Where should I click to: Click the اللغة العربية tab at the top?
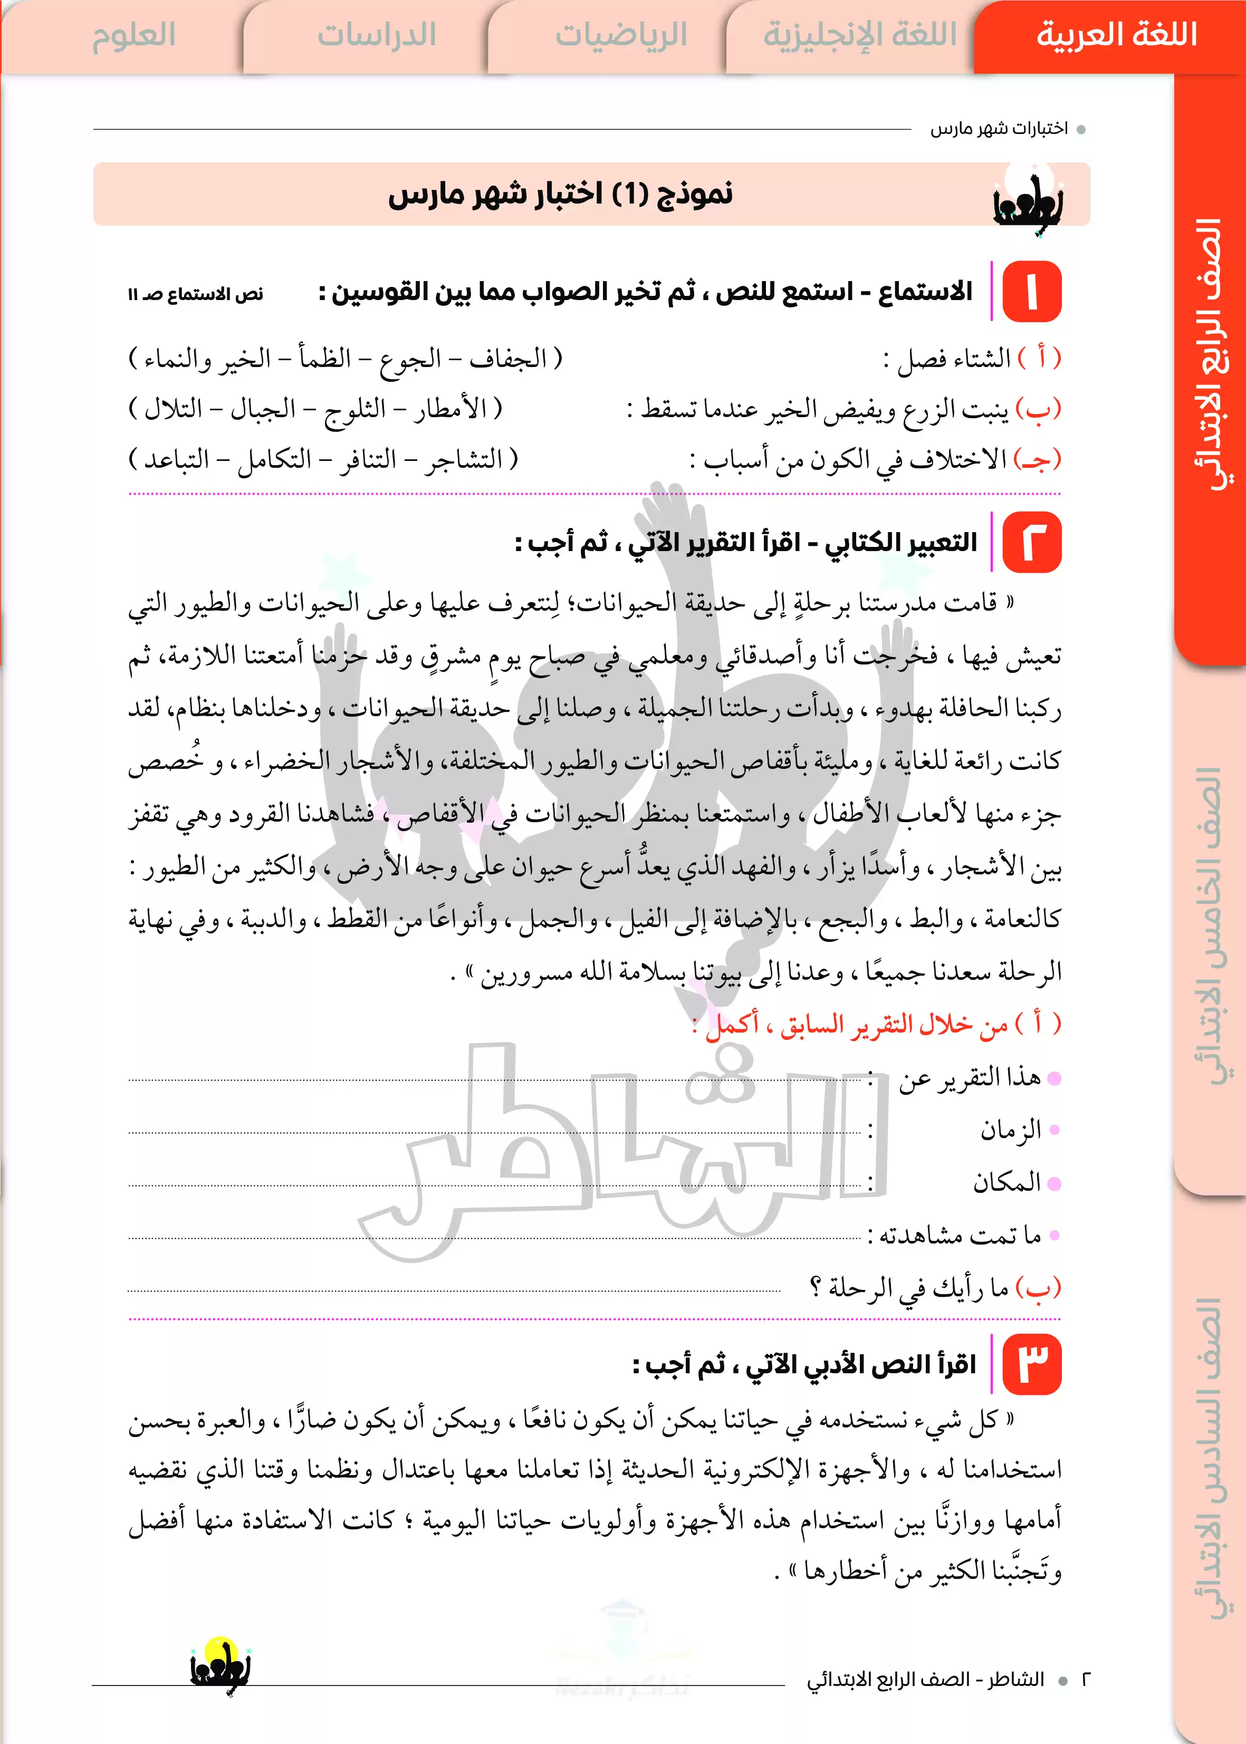tap(1116, 35)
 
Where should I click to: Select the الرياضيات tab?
tap(621, 35)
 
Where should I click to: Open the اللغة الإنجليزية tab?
tap(859, 35)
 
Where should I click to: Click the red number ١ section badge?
tap(1032, 292)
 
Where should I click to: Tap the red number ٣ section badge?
tap(1032, 1364)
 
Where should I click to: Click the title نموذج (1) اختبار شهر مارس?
tap(560, 193)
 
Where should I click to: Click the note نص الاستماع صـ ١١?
tap(196, 294)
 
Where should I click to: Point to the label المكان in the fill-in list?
tap(1007, 1182)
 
